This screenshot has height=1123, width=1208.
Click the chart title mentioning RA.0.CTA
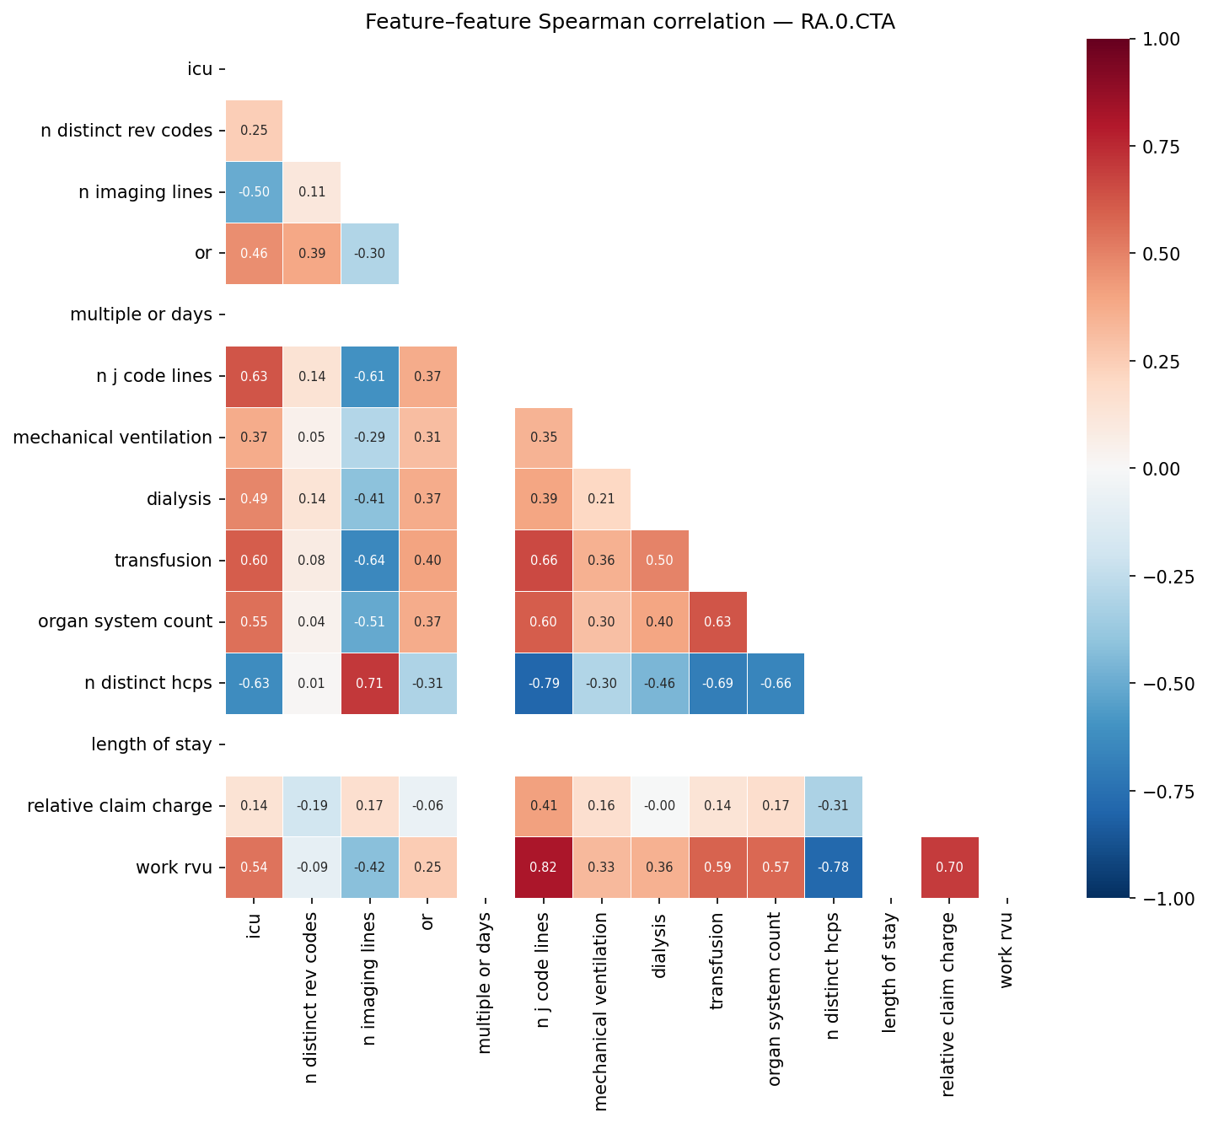tap(630, 22)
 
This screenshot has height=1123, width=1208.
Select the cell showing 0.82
tap(544, 868)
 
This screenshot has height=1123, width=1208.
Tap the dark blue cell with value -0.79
tap(544, 683)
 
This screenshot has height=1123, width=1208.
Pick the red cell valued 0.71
tap(370, 683)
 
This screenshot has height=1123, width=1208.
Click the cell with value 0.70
tap(949, 868)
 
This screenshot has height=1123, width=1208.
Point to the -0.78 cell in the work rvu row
tap(833, 868)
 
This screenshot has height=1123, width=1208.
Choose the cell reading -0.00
tap(659, 806)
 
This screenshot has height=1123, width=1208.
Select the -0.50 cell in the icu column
tap(255, 191)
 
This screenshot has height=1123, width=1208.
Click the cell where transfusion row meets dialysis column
tap(659, 560)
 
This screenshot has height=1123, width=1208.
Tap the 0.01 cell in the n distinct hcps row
tap(312, 683)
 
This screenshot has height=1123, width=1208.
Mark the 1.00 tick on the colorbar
tap(1163, 39)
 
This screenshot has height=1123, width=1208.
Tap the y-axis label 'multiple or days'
tap(141, 314)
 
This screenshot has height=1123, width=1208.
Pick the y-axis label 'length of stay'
tap(151, 744)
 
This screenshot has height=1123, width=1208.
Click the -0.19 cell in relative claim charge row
tap(312, 806)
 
